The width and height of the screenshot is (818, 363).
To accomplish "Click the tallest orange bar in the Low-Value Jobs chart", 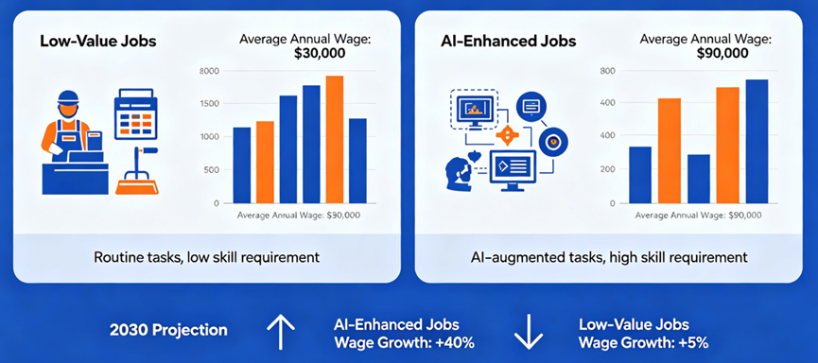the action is (x=335, y=139).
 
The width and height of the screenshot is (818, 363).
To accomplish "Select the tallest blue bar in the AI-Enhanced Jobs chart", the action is (x=757, y=142).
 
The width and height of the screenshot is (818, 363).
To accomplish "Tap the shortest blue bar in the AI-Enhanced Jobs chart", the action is (x=699, y=179).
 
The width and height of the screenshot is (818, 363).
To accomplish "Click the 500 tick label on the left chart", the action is (x=213, y=170).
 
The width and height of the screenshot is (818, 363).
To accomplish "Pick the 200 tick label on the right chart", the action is (x=609, y=169).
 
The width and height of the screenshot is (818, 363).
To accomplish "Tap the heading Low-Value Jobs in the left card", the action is (x=97, y=42).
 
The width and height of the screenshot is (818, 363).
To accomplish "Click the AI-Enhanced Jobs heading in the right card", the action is (x=508, y=42).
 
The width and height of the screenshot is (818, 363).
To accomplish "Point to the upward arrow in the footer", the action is (x=281, y=332).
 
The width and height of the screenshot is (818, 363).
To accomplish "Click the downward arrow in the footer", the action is (x=529, y=332).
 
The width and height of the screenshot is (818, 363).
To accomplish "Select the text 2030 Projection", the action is (x=168, y=330).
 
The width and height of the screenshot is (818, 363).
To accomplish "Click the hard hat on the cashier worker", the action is (x=68, y=97).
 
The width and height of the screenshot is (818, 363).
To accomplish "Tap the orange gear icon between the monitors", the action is (x=507, y=135).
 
